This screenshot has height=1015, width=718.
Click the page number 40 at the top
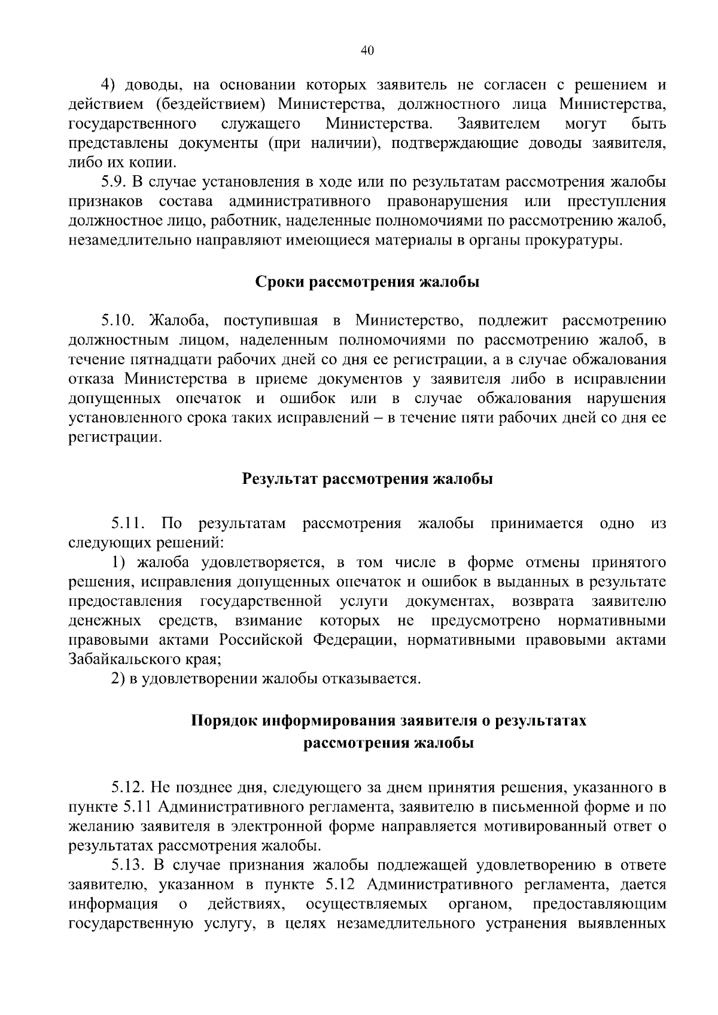pyautogui.click(x=367, y=51)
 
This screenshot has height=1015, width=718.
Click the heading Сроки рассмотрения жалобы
pyautogui.click(x=367, y=282)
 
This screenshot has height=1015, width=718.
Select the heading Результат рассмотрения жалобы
pyautogui.click(x=367, y=479)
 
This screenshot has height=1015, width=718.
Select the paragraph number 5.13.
pyautogui.click(x=128, y=865)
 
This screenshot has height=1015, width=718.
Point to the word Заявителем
pyautogui.click(x=498, y=124)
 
